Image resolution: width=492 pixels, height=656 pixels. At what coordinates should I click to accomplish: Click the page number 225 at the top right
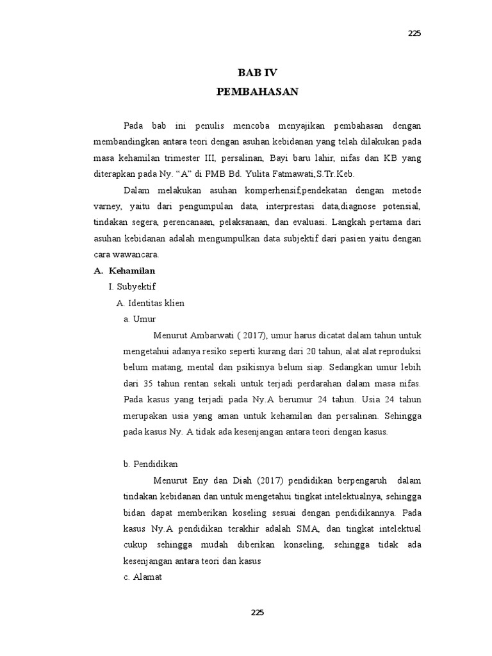click(x=414, y=34)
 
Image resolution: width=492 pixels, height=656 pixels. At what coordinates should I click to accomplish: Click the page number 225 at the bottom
click(x=257, y=612)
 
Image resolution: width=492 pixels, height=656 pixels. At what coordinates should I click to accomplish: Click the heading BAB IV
click(x=258, y=73)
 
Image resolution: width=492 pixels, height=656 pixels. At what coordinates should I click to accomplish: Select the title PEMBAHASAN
click(x=258, y=92)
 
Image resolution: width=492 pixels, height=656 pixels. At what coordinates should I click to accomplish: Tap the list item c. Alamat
click(x=144, y=577)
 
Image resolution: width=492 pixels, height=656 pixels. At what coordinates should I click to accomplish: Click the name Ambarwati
click(x=217, y=335)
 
